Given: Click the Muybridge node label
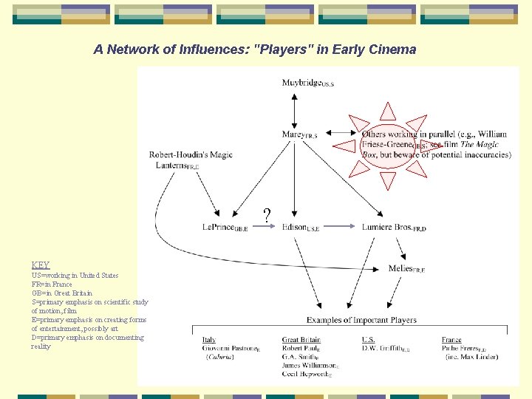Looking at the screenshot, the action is click(x=307, y=83).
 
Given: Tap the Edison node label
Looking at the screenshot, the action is click(x=300, y=228).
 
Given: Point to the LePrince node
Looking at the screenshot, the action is click(x=225, y=228).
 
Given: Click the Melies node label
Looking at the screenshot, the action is click(x=406, y=268).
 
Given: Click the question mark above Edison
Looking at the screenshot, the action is click(x=267, y=216).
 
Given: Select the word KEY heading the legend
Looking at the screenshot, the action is click(x=41, y=265).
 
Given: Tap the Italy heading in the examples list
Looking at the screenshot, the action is click(x=209, y=340).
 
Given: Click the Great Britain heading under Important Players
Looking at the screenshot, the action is click(x=301, y=340).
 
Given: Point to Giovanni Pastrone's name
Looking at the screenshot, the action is click(x=232, y=349).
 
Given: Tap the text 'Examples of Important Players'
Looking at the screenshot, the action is click(x=361, y=320).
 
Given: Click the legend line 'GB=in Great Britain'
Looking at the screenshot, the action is click(x=61, y=293).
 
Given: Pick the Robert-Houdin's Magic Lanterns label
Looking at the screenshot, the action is click(x=191, y=160).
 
